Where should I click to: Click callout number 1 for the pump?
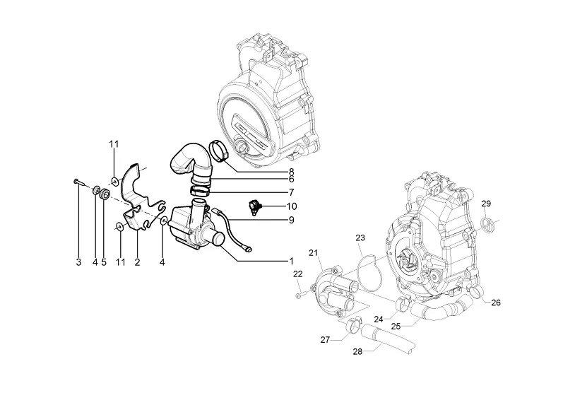click(x=292, y=261)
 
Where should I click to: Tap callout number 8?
click(x=292, y=171)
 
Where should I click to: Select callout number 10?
click(x=292, y=206)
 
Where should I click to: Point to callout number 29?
click(x=486, y=204)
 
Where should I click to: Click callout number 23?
click(x=360, y=237)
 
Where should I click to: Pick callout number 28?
click(x=357, y=351)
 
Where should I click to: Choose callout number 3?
click(x=78, y=262)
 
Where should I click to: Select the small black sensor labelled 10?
click(x=254, y=207)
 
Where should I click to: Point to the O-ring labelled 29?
click(x=486, y=224)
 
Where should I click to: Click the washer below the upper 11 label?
click(x=114, y=181)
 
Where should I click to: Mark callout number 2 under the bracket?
click(x=137, y=262)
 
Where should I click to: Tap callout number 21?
click(x=313, y=253)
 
